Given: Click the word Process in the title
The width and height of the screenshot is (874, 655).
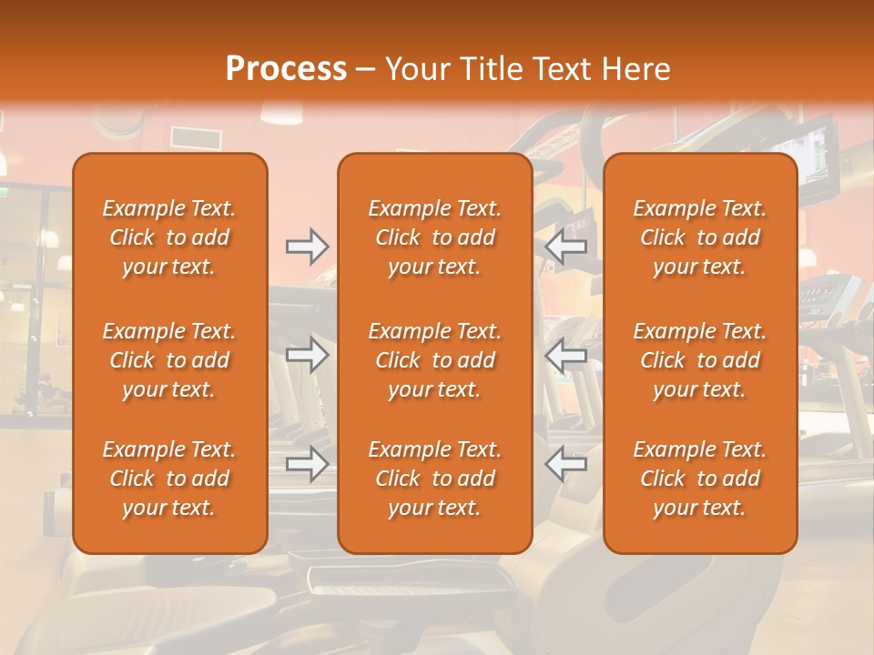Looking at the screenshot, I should pyautogui.click(x=286, y=68).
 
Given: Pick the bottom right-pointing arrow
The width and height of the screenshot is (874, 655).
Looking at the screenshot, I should pyautogui.click(x=308, y=463).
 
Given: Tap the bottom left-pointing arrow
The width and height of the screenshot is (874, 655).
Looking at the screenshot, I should pyautogui.click(x=566, y=463).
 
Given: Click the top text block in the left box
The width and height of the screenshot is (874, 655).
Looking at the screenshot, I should pyautogui.click(x=169, y=237).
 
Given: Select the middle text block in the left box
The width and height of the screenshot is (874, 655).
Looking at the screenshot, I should pyautogui.click(x=169, y=360).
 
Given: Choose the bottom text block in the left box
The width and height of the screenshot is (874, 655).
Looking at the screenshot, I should pyautogui.click(x=169, y=479).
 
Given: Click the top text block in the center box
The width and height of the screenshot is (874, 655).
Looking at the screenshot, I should pyautogui.click(x=435, y=237).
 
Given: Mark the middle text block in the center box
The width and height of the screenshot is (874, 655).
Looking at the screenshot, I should pyautogui.click(x=435, y=360).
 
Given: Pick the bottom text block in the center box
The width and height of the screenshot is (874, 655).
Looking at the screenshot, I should pyautogui.click(x=435, y=479).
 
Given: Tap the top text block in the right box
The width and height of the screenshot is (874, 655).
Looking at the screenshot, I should pyautogui.click(x=700, y=237).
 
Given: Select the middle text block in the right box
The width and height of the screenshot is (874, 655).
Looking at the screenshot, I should pyautogui.click(x=700, y=360).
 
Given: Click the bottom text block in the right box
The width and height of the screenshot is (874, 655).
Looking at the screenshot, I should pyautogui.click(x=700, y=479).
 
